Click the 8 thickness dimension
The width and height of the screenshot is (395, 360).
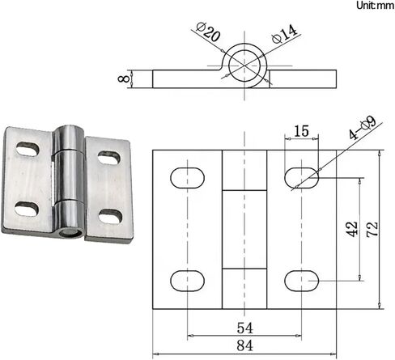coord(123,80)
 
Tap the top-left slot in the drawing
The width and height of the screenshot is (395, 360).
coord(186,176)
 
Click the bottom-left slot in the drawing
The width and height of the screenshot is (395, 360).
coord(186,280)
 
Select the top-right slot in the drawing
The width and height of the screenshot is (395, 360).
coord(301,176)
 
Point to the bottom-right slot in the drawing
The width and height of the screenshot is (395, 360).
coord(301,280)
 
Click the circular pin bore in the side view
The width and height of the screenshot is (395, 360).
coord(244,63)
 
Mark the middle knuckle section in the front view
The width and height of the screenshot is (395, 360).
coord(244,229)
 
